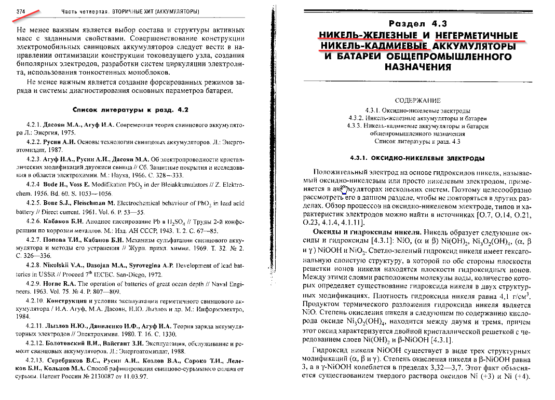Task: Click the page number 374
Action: click(22, 11)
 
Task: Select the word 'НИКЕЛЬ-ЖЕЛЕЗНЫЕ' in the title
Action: click(368, 35)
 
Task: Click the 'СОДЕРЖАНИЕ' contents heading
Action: click(417, 101)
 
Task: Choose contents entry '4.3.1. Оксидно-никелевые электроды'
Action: click(417, 111)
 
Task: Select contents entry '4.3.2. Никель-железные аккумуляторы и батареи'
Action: click(417, 118)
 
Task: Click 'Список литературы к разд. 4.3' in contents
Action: click(417, 141)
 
